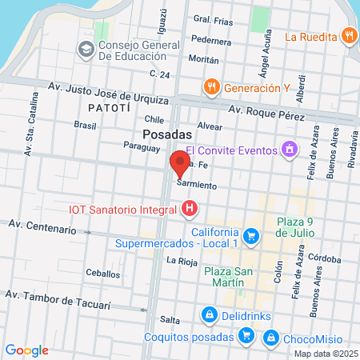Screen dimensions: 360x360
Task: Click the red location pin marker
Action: point(179,166)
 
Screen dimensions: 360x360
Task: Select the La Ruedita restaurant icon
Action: point(348,35)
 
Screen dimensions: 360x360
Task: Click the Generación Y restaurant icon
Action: point(211,87)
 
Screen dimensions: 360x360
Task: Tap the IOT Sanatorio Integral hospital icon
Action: point(190,210)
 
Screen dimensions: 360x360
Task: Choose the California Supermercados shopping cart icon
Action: point(251,235)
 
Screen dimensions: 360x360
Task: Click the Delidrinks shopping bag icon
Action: point(209,314)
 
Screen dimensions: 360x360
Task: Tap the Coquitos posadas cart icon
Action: point(247,337)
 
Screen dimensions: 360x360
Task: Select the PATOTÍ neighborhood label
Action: point(106,107)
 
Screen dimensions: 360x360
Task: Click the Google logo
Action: point(26,350)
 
